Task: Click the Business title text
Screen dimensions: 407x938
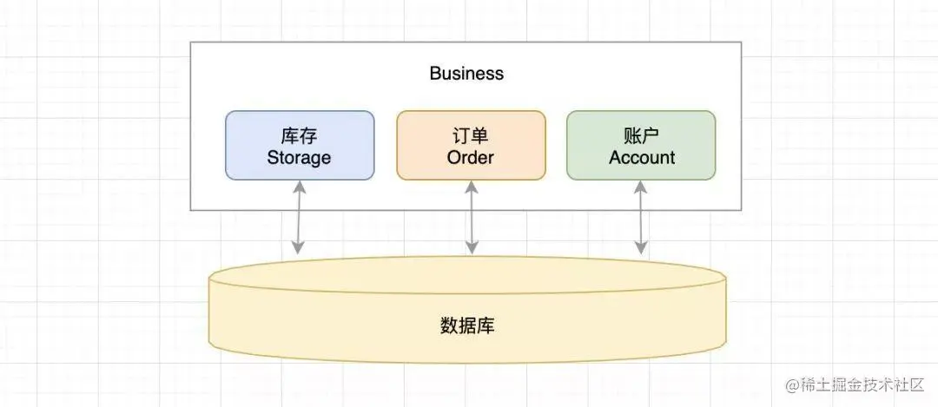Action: (466, 73)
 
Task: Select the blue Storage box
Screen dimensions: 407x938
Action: (300, 145)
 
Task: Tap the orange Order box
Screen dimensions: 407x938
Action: (471, 145)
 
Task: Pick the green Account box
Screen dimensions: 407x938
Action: (641, 145)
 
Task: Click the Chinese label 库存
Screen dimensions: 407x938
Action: (299, 135)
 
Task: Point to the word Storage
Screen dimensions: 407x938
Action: (299, 158)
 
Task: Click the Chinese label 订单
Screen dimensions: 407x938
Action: (471, 135)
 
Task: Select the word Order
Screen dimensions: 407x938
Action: (471, 158)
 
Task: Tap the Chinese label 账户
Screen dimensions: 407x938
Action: (642, 135)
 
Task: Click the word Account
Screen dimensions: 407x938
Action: (642, 158)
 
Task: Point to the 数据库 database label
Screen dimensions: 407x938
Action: (468, 326)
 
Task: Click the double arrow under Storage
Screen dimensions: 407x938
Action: (298, 217)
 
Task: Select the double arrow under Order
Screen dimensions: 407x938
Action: (472, 217)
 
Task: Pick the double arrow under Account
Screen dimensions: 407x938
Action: (641, 217)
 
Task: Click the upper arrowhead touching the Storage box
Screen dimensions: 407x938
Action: (298, 186)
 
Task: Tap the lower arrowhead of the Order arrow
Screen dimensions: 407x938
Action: (472, 248)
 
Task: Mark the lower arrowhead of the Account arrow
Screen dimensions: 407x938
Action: (641, 248)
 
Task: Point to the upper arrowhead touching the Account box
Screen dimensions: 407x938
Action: (641, 186)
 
